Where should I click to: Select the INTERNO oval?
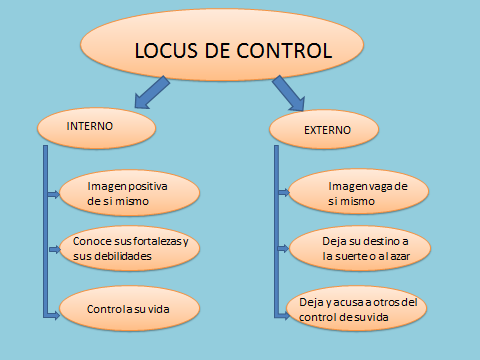pyautogui.click(x=95, y=127)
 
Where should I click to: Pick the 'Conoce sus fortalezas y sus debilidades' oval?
pyautogui.click(x=130, y=249)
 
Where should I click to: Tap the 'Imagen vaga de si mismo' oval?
pyautogui.click(x=355, y=193)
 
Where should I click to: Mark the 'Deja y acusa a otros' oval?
pyautogui.click(x=357, y=308)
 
